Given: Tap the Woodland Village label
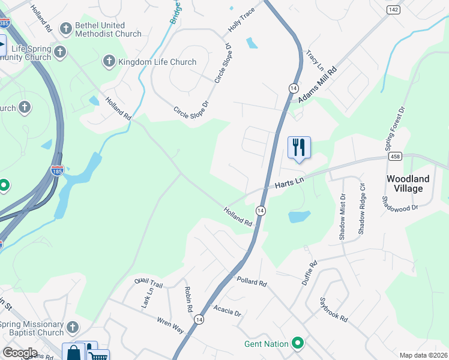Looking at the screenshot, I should (408, 184).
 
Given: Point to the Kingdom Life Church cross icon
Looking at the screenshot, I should (109, 61).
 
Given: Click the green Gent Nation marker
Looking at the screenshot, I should (297, 344).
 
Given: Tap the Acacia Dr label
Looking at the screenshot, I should (227, 313).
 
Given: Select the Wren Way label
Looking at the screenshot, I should (170, 325).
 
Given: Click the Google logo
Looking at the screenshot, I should (20, 353).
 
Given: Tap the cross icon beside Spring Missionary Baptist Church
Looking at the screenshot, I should (73, 328).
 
